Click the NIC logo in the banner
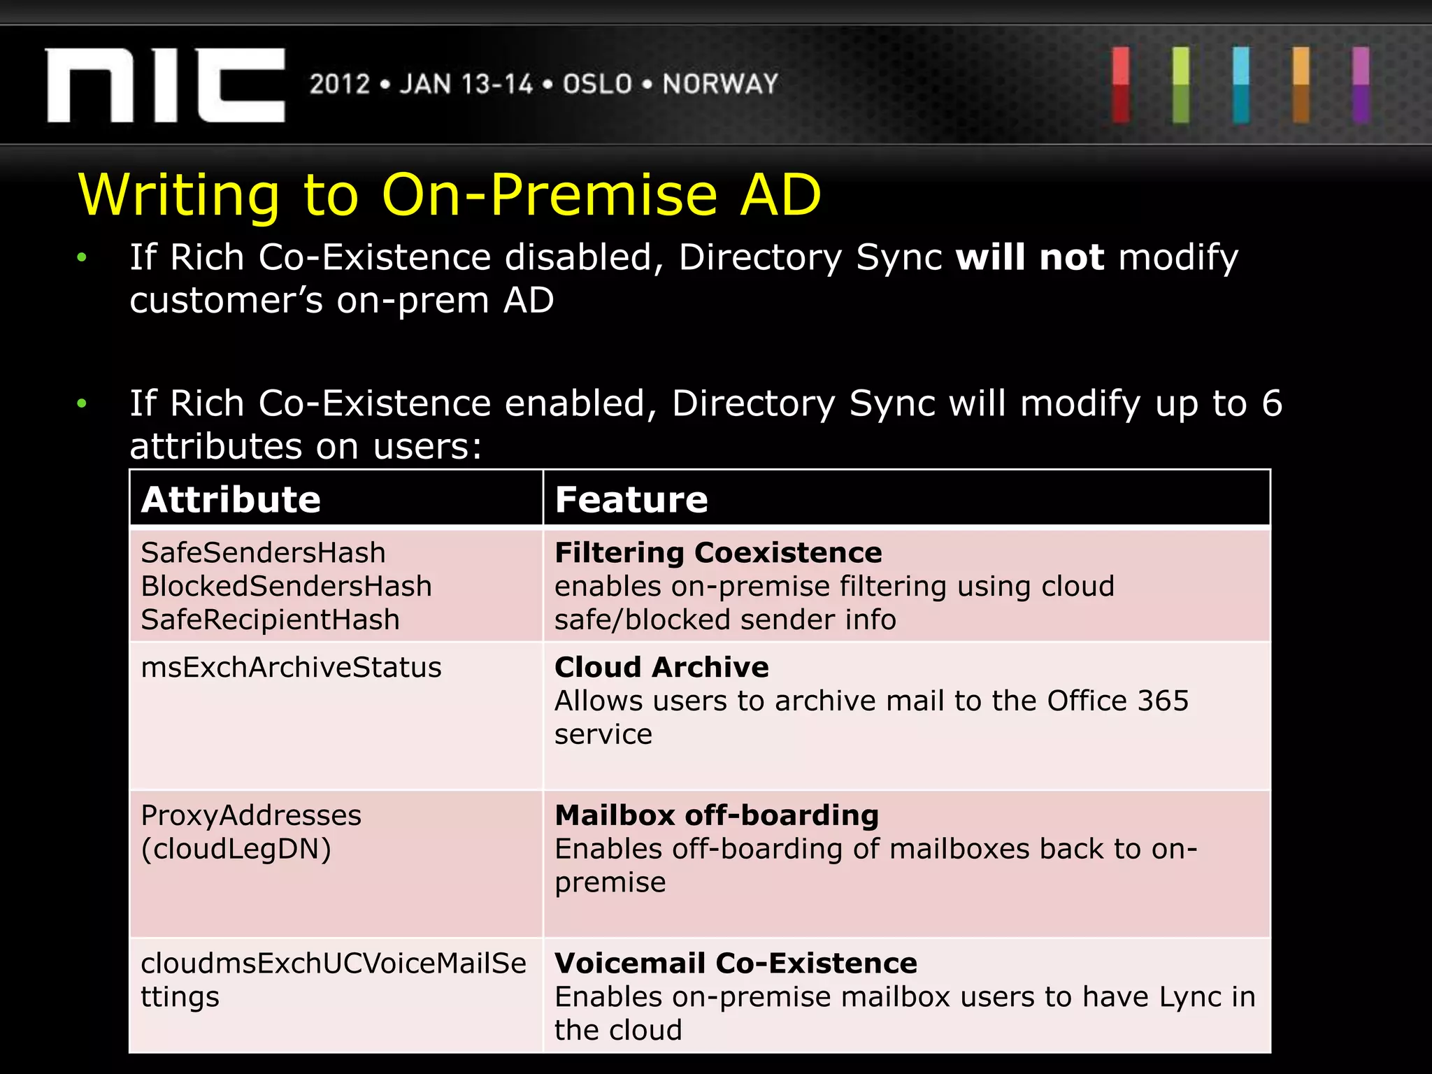[x=165, y=85]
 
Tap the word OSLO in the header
[x=597, y=85]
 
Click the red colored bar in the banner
[x=1121, y=85]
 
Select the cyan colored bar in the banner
[x=1241, y=85]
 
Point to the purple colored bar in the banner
[x=1361, y=85]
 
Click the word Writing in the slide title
[x=179, y=196]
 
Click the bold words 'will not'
[x=1029, y=257]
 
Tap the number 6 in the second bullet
[x=1272, y=403]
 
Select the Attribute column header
[x=231, y=499]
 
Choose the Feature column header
[x=631, y=499]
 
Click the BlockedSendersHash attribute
[x=286, y=586]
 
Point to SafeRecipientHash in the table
[x=270, y=620]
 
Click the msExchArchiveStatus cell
[x=291, y=667]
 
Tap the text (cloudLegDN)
[x=236, y=849]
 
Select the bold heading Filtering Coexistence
[x=718, y=552]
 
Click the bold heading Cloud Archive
[x=661, y=667]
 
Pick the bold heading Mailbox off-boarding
[x=717, y=815]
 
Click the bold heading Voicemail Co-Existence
[x=736, y=964]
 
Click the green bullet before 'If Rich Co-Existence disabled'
[x=82, y=258]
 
